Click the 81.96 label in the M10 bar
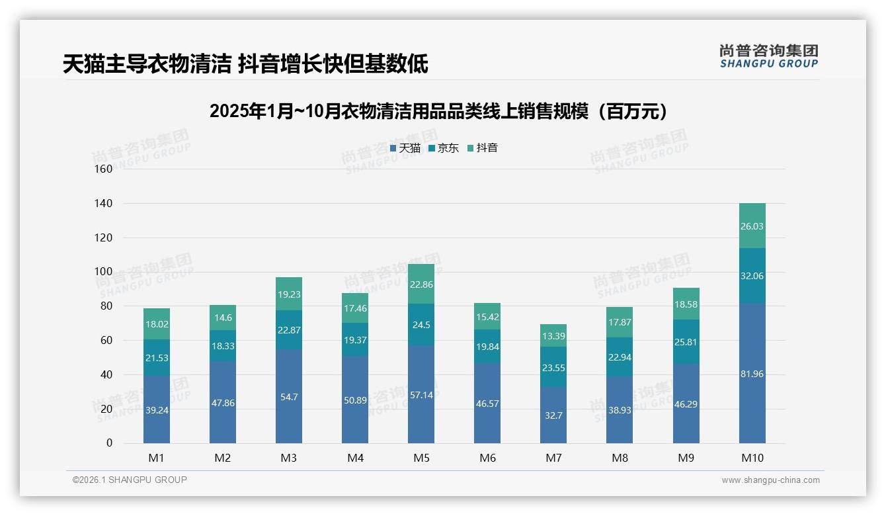(752, 374)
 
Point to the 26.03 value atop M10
(752, 226)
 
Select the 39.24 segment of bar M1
(157, 409)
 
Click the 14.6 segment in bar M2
(223, 318)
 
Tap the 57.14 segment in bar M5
(421, 394)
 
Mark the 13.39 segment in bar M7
(553, 335)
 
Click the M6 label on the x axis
(487, 458)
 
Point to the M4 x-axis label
(355, 458)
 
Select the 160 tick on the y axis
(104, 169)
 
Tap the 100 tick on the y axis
(104, 272)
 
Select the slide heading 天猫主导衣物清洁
(245, 64)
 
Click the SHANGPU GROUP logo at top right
(768, 56)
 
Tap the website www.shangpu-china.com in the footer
(770, 480)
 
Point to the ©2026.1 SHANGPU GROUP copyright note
(130, 480)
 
